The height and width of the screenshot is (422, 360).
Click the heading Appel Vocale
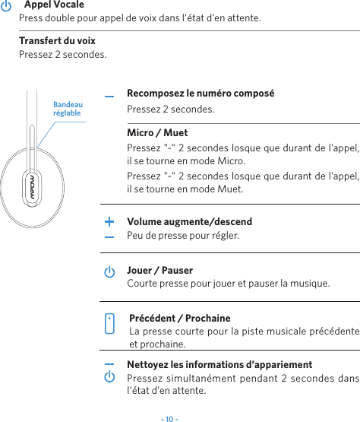pyautogui.click(x=54, y=5)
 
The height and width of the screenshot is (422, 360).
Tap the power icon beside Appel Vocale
pyautogui.click(x=7, y=5)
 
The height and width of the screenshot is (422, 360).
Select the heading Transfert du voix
pyautogui.click(x=57, y=40)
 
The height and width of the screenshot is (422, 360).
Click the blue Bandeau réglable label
pyautogui.click(x=68, y=108)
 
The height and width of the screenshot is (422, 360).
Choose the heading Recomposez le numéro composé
pyautogui.click(x=201, y=94)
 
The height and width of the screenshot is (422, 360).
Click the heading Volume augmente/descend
pyautogui.click(x=189, y=222)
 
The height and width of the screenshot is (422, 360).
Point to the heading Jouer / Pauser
pyautogui.click(x=159, y=270)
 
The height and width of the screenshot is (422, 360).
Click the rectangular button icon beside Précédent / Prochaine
pyautogui.click(x=110, y=322)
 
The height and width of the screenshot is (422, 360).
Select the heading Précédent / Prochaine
pyautogui.click(x=180, y=318)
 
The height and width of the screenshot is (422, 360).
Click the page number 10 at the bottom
pyautogui.click(x=169, y=417)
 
